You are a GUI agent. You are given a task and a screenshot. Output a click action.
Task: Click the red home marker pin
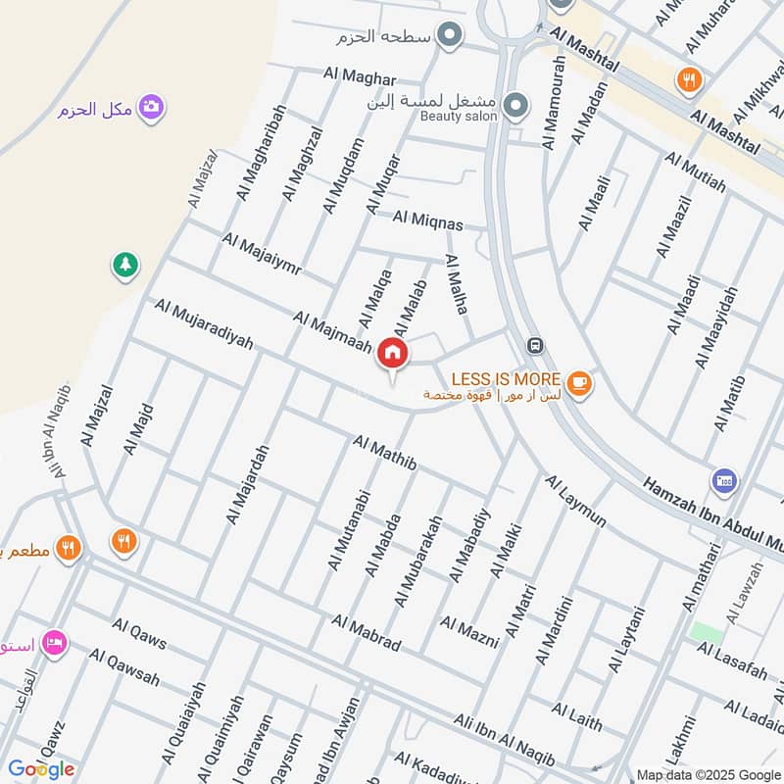point(392,352)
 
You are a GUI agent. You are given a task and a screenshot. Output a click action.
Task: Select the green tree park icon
point(125,264)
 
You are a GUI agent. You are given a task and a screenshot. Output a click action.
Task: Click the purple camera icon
point(150,107)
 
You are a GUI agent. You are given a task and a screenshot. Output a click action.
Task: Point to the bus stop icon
point(534,345)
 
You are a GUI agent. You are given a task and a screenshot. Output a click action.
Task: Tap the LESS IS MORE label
point(505,378)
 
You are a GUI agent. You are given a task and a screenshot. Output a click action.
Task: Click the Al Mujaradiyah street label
point(203,325)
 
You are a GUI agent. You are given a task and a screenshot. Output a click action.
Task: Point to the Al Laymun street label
point(576,501)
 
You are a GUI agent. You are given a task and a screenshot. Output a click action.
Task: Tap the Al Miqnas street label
point(427,220)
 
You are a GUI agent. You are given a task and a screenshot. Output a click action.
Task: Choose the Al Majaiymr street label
point(261,253)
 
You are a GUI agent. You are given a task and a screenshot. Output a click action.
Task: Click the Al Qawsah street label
point(123,665)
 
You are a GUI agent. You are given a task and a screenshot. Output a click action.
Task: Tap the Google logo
point(41,768)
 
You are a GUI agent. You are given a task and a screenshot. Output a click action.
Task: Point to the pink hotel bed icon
point(55,642)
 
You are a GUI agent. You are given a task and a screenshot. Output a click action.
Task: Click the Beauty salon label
point(459,117)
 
